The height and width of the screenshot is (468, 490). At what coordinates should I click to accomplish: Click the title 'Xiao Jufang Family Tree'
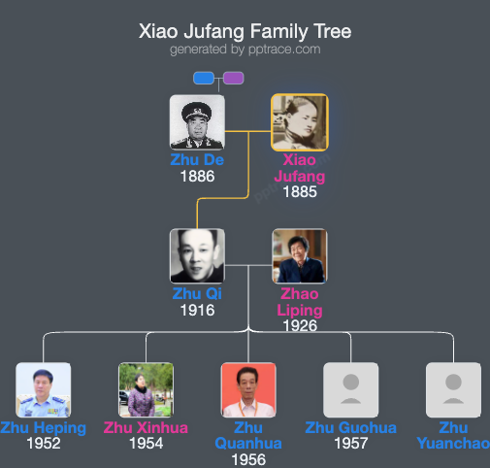pos(245,31)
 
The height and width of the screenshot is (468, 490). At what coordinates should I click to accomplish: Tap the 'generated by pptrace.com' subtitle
pos(245,50)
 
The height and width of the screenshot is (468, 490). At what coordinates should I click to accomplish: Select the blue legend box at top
pos(204,79)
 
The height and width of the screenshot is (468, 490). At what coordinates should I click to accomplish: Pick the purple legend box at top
pos(233,79)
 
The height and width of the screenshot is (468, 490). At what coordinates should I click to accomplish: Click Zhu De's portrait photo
pos(197,121)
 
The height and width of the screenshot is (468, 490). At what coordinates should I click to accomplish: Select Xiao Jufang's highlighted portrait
pos(299,121)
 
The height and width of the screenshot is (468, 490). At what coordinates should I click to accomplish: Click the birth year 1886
pos(197,177)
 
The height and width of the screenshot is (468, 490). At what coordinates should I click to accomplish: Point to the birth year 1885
pos(299,191)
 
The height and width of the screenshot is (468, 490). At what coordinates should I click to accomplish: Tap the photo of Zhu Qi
pos(197,256)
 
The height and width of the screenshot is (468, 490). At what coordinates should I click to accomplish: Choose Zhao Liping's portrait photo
pos(299,256)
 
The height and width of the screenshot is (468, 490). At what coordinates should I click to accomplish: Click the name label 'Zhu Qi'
pos(197,294)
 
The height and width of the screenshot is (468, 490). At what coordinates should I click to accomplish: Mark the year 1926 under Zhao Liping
pos(299,325)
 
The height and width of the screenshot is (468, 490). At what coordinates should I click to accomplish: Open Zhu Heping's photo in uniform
pos(44,390)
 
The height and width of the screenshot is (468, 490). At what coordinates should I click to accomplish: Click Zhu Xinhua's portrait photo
pos(146,390)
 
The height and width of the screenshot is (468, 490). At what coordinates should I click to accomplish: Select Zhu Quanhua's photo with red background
pos(248,390)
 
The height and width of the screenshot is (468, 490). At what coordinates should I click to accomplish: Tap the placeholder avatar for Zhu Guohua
pos(350,390)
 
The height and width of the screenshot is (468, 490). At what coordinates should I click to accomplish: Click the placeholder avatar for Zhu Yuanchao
pos(453,390)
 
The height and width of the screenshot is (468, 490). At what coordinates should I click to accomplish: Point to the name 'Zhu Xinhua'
pos(146,428)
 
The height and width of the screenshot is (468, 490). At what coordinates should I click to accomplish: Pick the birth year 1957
pos(350,444)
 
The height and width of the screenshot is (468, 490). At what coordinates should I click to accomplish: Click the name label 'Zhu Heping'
pos(44,428)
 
